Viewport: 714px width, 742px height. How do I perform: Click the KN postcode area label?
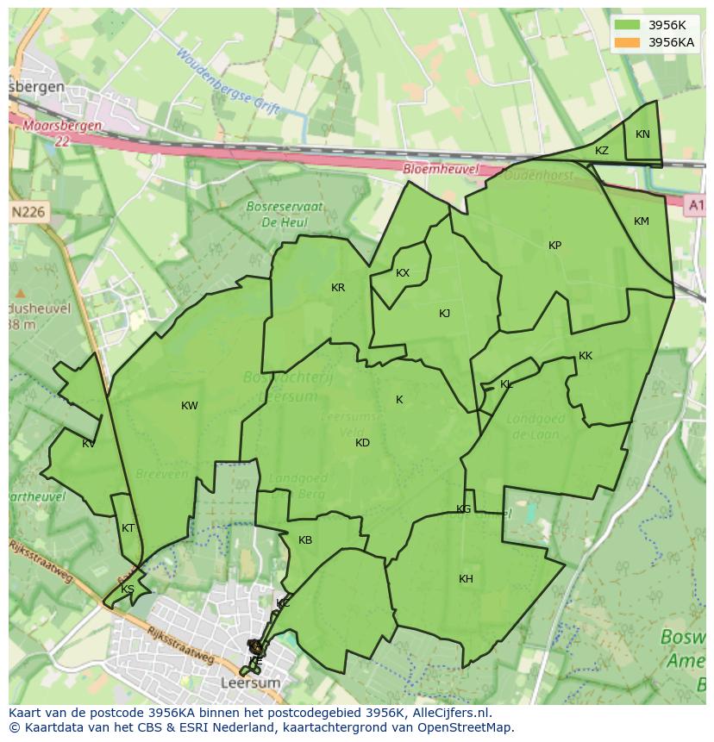click(x=642, y=134)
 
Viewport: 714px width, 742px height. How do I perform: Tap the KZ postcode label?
click(x=602, y=151)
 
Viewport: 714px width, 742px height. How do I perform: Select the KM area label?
click(x=642, y=221)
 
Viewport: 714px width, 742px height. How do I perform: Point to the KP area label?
click(x=554, y=246)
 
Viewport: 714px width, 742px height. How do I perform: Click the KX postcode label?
click(x=403, y=273)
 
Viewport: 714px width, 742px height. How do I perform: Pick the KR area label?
click(x=338, y=288)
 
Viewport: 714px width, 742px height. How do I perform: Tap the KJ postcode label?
click(x=444, y=314)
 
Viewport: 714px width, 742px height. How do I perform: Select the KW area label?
click(x=190, y=406)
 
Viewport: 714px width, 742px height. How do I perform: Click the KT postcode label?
click(x=128, y=528)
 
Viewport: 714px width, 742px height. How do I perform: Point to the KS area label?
click(x=128, y=589)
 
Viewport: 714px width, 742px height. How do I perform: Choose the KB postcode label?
click(x=305, y=540)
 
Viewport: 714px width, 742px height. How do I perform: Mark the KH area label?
click(x=466, y=579)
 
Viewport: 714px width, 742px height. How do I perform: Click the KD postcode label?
click(x=362, y=443)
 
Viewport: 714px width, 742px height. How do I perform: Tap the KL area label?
click(x=506, y=384)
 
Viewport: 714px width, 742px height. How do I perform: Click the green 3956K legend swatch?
click(x=628, y=25)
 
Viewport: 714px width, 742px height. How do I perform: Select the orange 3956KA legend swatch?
click(x=628, y=42)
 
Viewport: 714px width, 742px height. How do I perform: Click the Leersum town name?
click(x=251, y=683)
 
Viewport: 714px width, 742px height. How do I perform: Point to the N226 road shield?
click(x=29, y=211)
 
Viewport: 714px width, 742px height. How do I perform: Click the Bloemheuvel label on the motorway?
click(x=441, y=170)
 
